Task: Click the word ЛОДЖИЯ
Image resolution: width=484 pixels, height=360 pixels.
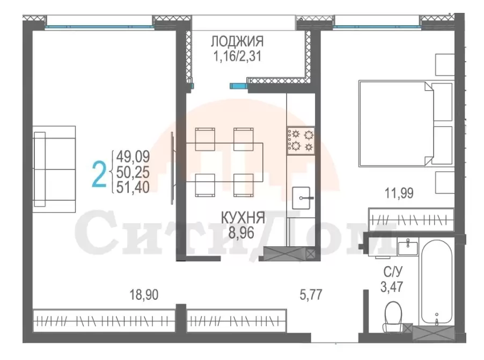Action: pos(237,41)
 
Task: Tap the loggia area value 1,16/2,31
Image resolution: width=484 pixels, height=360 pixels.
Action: pos(237,56)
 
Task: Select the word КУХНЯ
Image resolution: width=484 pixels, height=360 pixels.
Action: pos(243,218)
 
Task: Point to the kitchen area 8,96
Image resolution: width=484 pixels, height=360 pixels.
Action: pos(241,232)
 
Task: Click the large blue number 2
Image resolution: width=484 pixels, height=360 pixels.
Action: pos(99,175)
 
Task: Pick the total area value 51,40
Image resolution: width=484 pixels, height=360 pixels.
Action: pos(133,187)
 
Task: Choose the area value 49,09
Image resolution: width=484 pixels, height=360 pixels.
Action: pos(133,157)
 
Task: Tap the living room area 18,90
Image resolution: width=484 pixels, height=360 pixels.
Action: pos(144,295)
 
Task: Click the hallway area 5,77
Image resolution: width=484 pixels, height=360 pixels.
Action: pos(311,294)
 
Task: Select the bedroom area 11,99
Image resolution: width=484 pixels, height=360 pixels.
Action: pos(399,193)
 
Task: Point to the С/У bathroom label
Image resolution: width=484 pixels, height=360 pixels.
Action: pos(393,272)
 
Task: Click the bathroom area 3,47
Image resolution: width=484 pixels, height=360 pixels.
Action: pos(392,287)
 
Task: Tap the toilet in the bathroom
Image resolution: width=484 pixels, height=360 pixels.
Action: pos(393,317)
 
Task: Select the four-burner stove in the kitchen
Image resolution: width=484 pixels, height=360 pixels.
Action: pos(301,141)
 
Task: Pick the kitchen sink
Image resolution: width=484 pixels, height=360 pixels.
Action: pos(301,197)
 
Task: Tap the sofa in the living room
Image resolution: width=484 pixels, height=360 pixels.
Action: pos(54,169)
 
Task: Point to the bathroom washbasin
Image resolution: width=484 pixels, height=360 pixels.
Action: pos(407,248)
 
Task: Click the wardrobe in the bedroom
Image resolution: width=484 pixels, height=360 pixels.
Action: pos(411,219)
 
